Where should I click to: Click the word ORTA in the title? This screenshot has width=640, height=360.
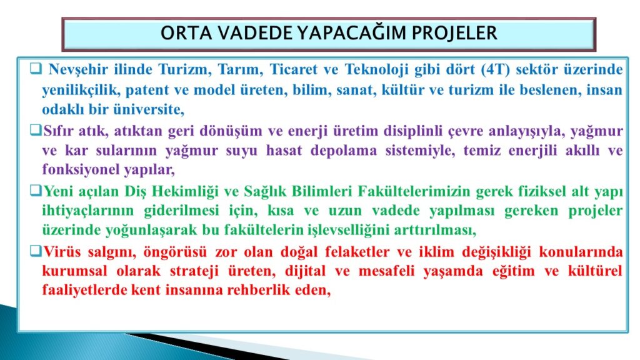(x=186, y=33)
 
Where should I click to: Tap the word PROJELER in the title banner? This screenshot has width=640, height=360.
(x=454, y=33)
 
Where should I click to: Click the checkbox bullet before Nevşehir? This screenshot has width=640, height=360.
(x=36, y=68)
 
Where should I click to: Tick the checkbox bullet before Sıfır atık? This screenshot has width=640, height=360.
(x=36, y=130)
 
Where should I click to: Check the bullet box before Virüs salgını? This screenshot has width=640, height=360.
(x=36, y=251)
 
